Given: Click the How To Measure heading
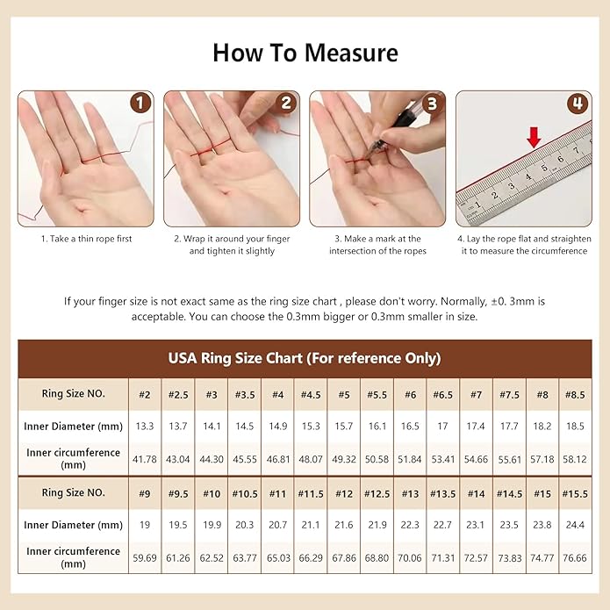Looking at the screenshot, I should point(305,53).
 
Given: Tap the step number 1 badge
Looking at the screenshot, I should point(140,104).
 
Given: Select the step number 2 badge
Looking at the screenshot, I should point(285,104).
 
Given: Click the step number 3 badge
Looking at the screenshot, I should point(431,104).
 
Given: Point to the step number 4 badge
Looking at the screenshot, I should point(577,104).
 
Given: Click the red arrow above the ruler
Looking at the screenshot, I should point(533,137).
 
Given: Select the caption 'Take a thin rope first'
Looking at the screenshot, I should point(86,239).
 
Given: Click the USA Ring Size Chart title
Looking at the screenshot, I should point(305,358).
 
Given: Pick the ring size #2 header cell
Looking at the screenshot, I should point(145,394).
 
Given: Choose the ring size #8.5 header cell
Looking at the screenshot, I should point(575,394).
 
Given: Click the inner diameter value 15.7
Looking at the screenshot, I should point(343,427).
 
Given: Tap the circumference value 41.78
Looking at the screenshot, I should point(145,458).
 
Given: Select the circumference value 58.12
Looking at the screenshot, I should point(575,458).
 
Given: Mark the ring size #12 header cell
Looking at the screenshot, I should point(343,493).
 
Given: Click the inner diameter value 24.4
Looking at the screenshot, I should point(575,525).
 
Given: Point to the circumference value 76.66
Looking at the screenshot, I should point(575,557).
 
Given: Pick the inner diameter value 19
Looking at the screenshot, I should point(145,525).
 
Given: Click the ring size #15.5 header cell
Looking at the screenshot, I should point(575,493).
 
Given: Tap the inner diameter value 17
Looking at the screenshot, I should point(442,427).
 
